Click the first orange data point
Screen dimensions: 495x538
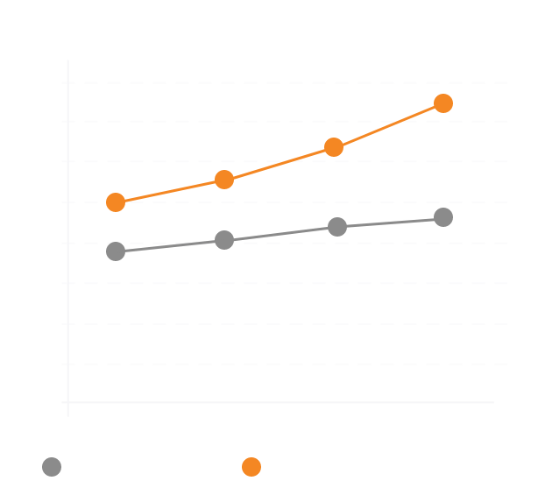pyautogui.click(x=116, y=202)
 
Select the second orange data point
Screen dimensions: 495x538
pyautogui.click(x=224, y=180)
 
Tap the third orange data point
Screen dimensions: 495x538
pyautogui.click(x=334, y=147)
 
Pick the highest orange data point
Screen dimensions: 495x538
pyautogui.click(x=443, y=103)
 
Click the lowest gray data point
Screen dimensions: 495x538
pyautogui.click(x=116, y=251)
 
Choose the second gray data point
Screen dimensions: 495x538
pyautogui.click(x=224, y=240)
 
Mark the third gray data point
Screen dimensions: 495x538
pyautogui.click(x=337, y=227)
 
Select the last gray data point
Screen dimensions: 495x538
pyautogui.click(x=443, y=217)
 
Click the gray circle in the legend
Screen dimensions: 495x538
pyautogui.click(x=52, y=467)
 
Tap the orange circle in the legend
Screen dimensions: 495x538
pyautogui.click(x=251, y=467)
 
